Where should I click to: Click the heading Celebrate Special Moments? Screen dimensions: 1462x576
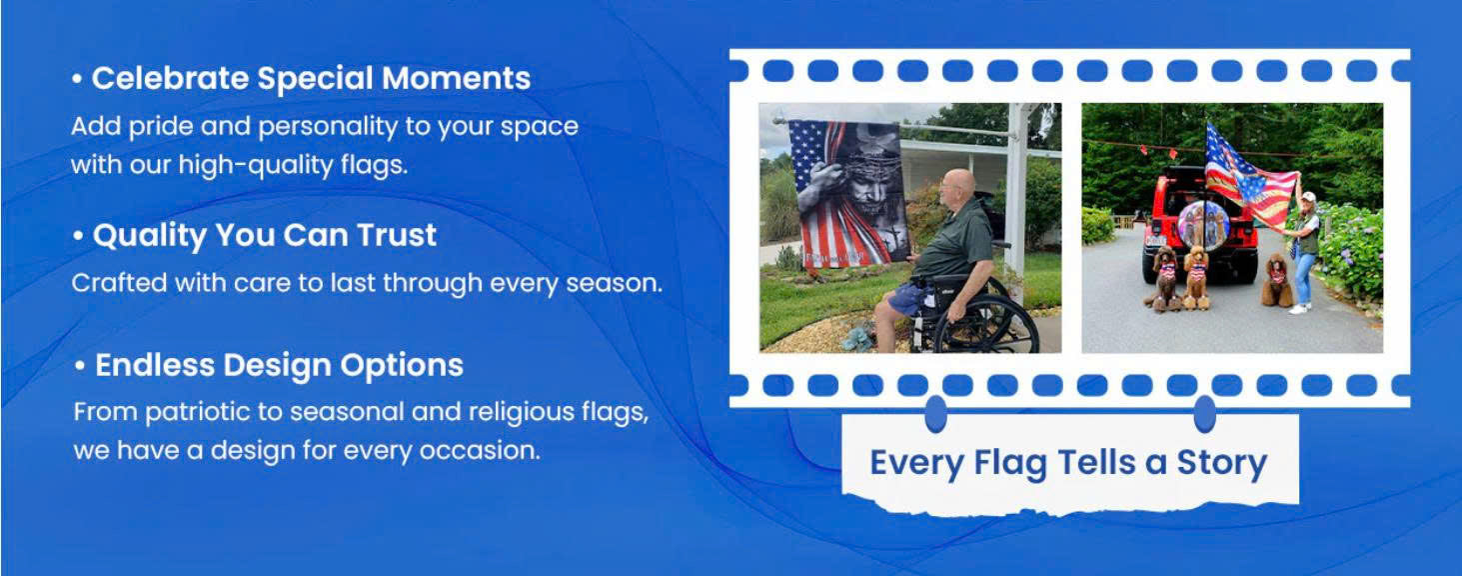(311, 79)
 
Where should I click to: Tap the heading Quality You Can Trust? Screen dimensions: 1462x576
(265, 236)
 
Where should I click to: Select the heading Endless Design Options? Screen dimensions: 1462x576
(280, 366)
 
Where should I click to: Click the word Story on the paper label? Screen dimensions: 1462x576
(1222, 464)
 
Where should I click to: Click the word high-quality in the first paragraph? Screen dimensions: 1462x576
(256, 165)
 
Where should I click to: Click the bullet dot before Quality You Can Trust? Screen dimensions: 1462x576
(78, 236)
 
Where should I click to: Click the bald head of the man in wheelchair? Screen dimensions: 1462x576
(958, 184)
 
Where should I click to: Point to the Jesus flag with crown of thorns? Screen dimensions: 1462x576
(845, 195)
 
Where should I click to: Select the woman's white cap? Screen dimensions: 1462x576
(1308, 197)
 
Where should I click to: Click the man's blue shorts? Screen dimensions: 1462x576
(904, 298)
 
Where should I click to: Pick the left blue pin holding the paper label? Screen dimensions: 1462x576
(936, 413)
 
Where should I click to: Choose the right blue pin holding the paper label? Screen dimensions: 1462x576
(1204, 413)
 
